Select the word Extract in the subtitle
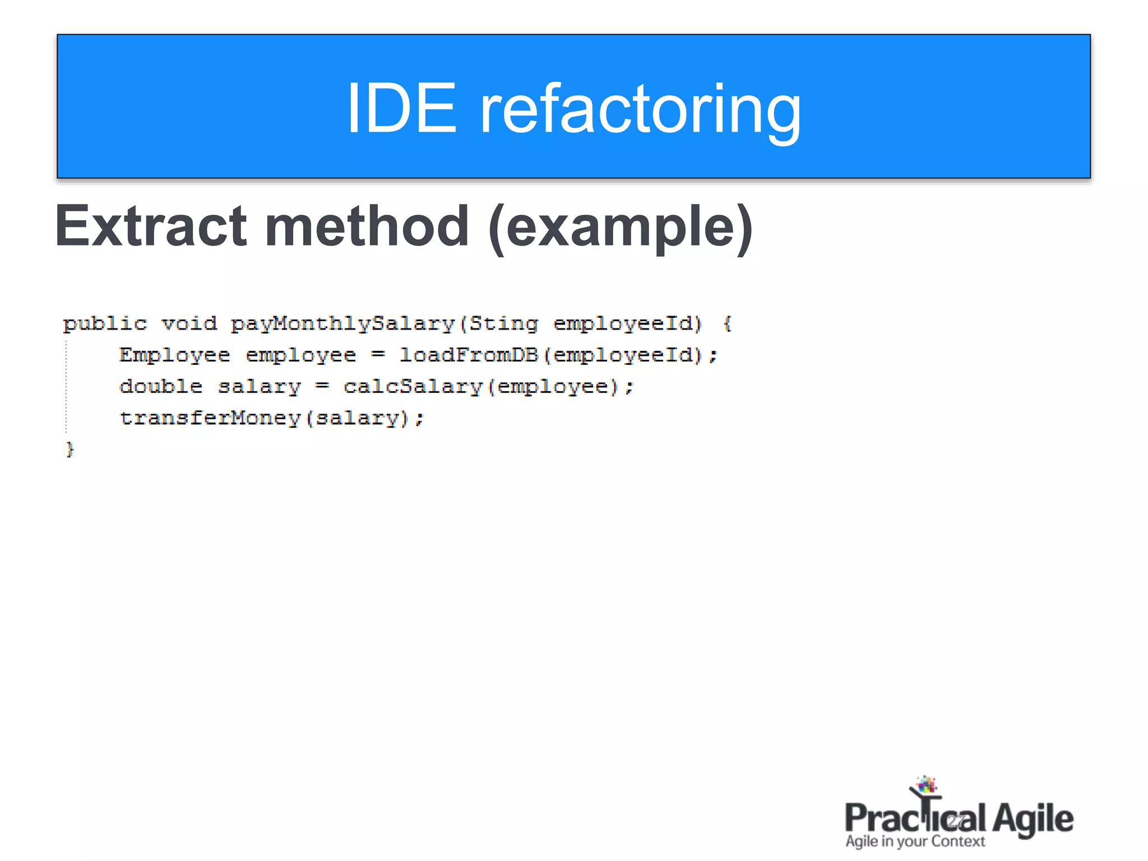click(151, 226)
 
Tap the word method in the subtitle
click(367, 226)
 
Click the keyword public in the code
click(105, 324)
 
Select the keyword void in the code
click(189, 324)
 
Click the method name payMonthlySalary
click(342, 324)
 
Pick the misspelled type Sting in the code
click(503, 324)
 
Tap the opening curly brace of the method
click(727, 324)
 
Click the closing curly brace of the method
click(70, 450)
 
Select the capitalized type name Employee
click(174, 355)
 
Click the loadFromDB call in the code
click(468, 355)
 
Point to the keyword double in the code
click(161, 387)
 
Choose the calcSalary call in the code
click(413, 387)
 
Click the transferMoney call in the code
click(210, 418)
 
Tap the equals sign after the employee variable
click(378, 355)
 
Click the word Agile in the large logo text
click(1033, 819)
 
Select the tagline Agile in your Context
click(915, 841)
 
